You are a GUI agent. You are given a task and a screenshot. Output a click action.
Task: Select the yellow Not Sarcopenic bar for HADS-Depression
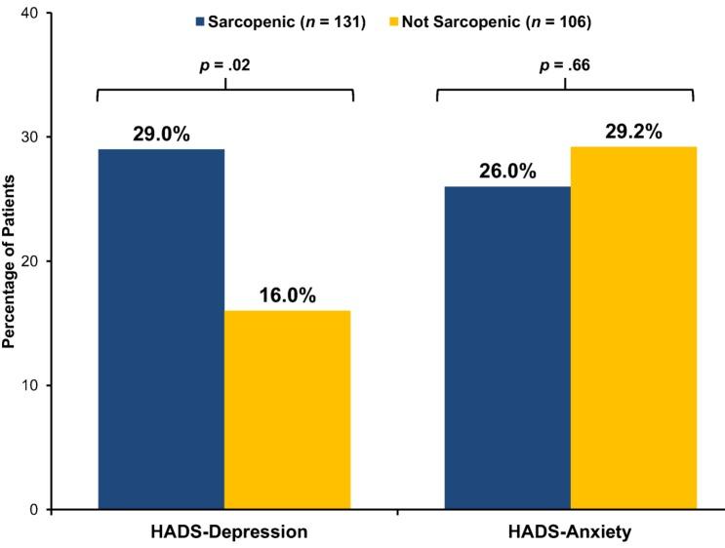tap(287, 410)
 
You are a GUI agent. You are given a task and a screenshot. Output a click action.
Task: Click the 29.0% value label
tap(161, 131)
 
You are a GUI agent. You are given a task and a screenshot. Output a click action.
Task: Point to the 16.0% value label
tap(287, 294)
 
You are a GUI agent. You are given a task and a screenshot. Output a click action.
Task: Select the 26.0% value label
tap(507, 171)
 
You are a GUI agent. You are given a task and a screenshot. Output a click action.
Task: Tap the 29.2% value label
tap(633, 130)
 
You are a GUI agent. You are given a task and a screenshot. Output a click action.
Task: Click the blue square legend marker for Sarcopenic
tap(200, 20)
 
